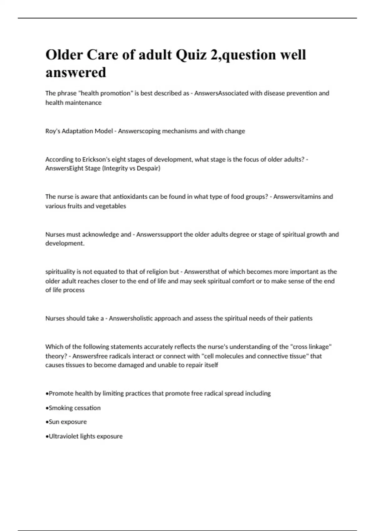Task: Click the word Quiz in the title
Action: [191, 55]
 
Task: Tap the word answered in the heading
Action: [76, 72]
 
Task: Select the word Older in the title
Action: [64, 55]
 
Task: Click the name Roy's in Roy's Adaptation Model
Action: [53, 131]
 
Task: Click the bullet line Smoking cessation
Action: [74, 408]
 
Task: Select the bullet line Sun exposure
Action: [67, 422]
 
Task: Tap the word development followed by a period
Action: [65, 244]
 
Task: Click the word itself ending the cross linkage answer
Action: [210, 365]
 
